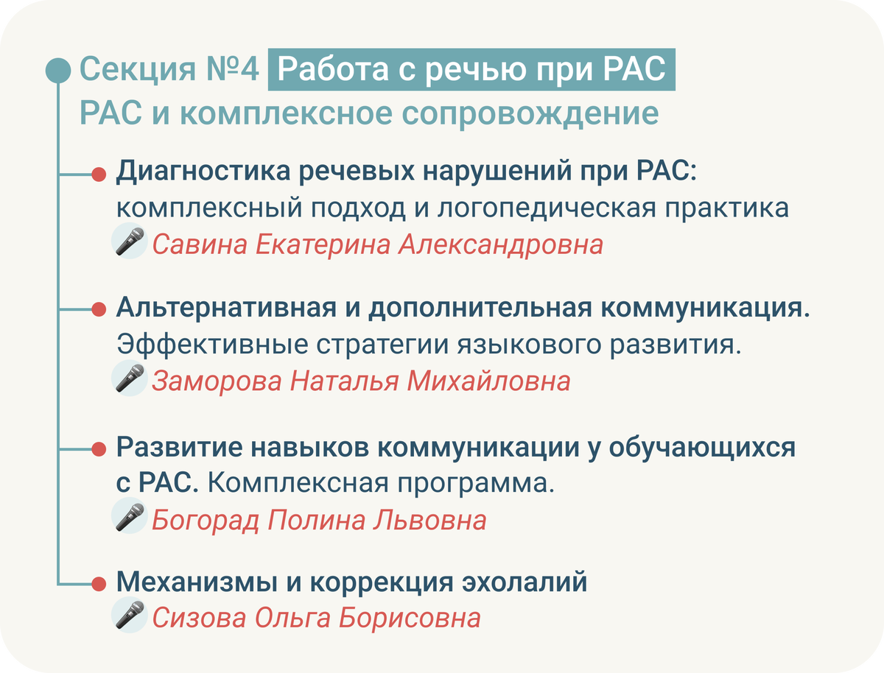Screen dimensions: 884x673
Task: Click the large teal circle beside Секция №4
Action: pyautogui.click(x=58, y=71)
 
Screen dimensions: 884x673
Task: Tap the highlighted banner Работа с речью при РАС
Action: pyautogui.click(x=471, y=70)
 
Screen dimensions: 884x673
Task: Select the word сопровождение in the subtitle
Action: pyautogui.click(x=530, y=113)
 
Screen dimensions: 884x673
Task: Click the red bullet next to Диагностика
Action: pyautogui.click(x=99, y=175)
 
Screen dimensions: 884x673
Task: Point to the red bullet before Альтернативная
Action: pyautogui.click(x=99, y=309)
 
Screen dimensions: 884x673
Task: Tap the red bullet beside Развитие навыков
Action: pyautogui.click(x=99, y=449)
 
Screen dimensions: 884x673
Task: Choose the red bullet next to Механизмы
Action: pyautogui.click(x=99, y=584)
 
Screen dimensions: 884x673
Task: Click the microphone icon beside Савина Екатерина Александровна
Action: pyautogui.click(x=130, y=241)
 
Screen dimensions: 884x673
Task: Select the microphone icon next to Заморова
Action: pyautogui.click(x=130, y=378)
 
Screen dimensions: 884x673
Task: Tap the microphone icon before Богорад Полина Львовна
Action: pyautogui.click(x=130, y=516)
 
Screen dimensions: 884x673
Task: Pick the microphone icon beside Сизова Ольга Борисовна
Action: pyautogui.click(x=130, y=615)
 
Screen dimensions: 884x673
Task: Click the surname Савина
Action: pyautogui.click(x=200, y=244)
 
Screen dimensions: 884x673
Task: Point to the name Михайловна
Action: pyautogui.click(x=488, y=381)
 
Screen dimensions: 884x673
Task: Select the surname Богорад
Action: pyautogui.click(x=206, y=520)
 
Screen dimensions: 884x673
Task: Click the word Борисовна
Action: pyautogui.click(x=409, y=618)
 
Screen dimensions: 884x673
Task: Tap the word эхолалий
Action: pyautogui.click(x=525, y=582)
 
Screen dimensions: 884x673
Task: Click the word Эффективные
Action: pyautogui.click(x=213, y=345)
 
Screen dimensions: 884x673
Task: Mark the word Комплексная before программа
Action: pyautogui.click(x=298, y=482)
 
